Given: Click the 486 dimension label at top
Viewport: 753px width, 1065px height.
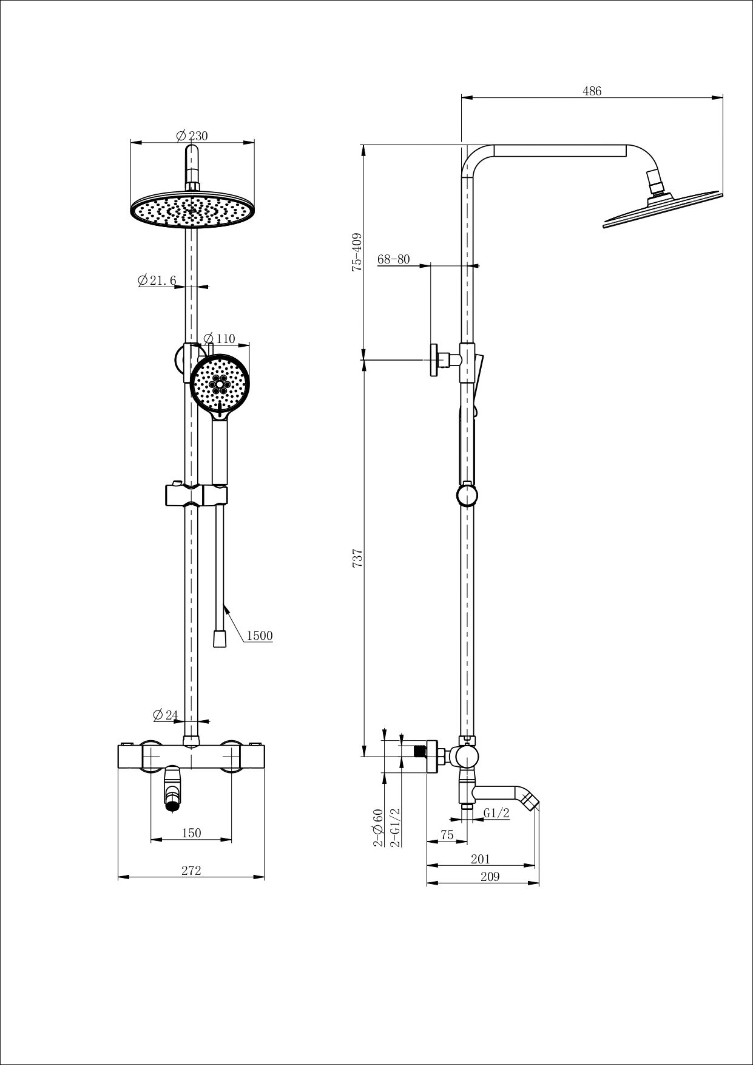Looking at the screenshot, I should point(592,91).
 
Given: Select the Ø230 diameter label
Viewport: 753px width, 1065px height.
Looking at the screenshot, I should point(192,136).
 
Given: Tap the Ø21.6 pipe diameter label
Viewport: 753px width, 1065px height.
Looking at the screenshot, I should point(157,281).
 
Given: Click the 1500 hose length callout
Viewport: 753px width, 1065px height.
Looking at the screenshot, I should point(259,636).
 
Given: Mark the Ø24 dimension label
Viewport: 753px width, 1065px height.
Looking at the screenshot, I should point(166,715).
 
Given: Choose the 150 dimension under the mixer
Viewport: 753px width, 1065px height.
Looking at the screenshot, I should point(191,833).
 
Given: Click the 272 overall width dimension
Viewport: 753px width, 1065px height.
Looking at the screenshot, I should point(191,871).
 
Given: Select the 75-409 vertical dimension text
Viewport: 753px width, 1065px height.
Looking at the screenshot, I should point(357,251).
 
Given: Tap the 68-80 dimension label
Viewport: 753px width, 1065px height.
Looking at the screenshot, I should point(393,259).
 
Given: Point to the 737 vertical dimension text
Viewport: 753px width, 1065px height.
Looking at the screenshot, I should point(357,558).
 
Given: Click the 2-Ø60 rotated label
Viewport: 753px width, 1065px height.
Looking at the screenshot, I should point(379,828).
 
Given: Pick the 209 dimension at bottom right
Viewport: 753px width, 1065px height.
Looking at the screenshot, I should point(490,877).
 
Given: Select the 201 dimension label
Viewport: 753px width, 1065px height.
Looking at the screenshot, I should point(480,859).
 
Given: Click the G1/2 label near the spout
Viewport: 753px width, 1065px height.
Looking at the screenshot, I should point(496,814).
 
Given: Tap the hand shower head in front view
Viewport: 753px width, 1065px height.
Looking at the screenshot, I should point(220,384).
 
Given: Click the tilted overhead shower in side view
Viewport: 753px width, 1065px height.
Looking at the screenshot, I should point(661,209).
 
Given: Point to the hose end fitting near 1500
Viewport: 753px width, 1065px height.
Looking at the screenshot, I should point(220,639).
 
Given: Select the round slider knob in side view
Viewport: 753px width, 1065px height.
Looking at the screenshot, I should point(467,495).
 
